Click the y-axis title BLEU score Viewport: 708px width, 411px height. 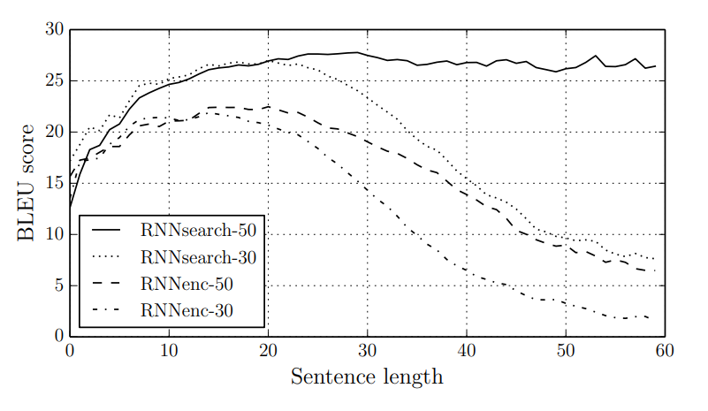click(x=27, y=184)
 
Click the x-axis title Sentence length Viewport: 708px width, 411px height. click(x=367, y=377)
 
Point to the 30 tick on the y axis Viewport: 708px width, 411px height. click(x=55, y=30)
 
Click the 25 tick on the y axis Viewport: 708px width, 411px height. click(x=55, y=81)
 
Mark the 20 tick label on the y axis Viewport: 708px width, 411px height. click(x=55, y=133)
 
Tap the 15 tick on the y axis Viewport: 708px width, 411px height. click(x=55, y=184)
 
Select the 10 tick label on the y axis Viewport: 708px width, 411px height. click(x=55, y=235)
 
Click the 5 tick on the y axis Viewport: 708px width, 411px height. click(x=58, y=285)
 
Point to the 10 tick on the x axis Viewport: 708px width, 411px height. click(x=169, y=351)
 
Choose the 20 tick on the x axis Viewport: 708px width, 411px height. click(x=268, y=351)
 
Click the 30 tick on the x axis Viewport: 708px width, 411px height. click(x=367, y=351)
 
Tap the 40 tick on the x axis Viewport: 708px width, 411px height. click(x=466, y=351)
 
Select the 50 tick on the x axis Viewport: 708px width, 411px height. click(x=565, y=351)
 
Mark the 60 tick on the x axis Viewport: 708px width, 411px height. click(x=664, y=351)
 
